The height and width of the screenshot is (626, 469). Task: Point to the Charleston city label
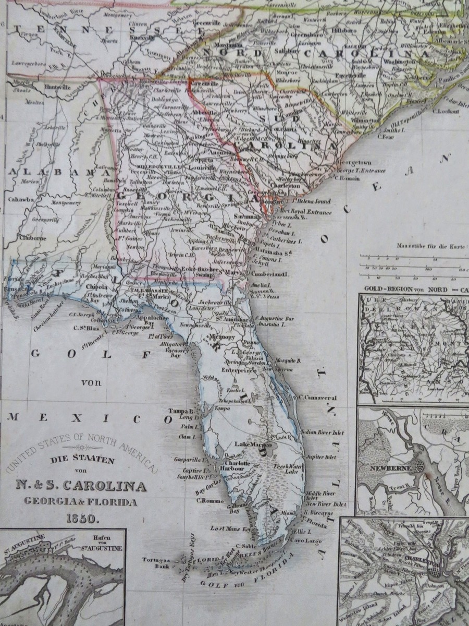285,185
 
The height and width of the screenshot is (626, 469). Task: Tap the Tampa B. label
183,411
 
